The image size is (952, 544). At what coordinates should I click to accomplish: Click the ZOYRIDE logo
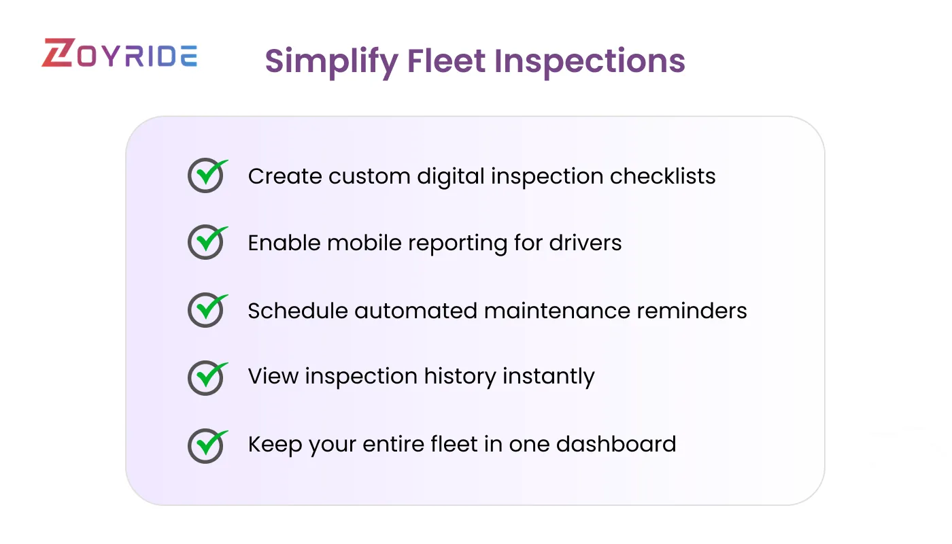[x=120, y=54]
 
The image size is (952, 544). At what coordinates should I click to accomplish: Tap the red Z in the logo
[x=56, y=54]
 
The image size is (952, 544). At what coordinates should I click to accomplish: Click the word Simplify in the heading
[x=331, y=62]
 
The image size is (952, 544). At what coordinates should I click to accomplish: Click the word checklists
[x=662, y=176]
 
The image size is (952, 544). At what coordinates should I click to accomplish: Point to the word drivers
[x=587, y=243]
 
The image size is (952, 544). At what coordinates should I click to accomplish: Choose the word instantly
[x=548, y=377]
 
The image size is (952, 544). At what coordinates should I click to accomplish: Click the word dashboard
[x=616, y=444]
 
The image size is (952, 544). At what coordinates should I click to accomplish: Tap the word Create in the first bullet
[x=284, y=176]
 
